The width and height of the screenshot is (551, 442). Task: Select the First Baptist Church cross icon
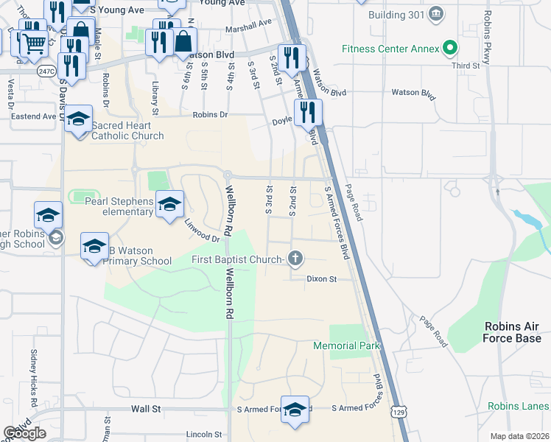[x=295, y=259]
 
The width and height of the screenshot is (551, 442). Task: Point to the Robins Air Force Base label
[x=513, y=332]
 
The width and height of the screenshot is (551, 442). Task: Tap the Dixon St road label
[x=321, y=279]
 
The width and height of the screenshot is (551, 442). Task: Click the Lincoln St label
[x=204, y=435]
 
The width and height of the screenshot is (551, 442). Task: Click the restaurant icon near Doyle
[x=308, y=111]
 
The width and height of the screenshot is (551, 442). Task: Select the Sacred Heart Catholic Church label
[x=127, y=130]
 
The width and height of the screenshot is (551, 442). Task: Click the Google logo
[x=24, y=433]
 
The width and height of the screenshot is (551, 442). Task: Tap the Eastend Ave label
[x=33, y=116]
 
